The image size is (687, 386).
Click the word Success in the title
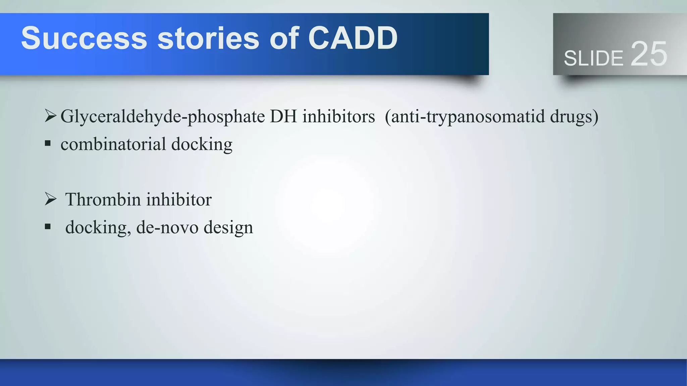[x=84, y=38]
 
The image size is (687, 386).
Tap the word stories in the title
[x=208, y=38]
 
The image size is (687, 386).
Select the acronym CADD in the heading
[x=353, y=38]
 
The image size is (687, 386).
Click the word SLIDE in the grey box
[x=593, y=58]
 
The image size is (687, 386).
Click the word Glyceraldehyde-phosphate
[x=163, y=117]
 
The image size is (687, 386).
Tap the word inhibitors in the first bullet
[x=338, y=116]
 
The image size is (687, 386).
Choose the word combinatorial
[x=113, y=144]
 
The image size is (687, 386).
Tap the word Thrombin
[x=103, y=199]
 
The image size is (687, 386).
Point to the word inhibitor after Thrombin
[x=179, y=199]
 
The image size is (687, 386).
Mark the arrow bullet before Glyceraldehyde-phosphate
[x=50, y=116]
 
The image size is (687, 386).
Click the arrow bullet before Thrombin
[x=50, y=199]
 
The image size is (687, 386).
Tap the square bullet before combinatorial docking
[x=48, y=144]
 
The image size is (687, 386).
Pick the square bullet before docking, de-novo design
[x=48, y=227]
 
